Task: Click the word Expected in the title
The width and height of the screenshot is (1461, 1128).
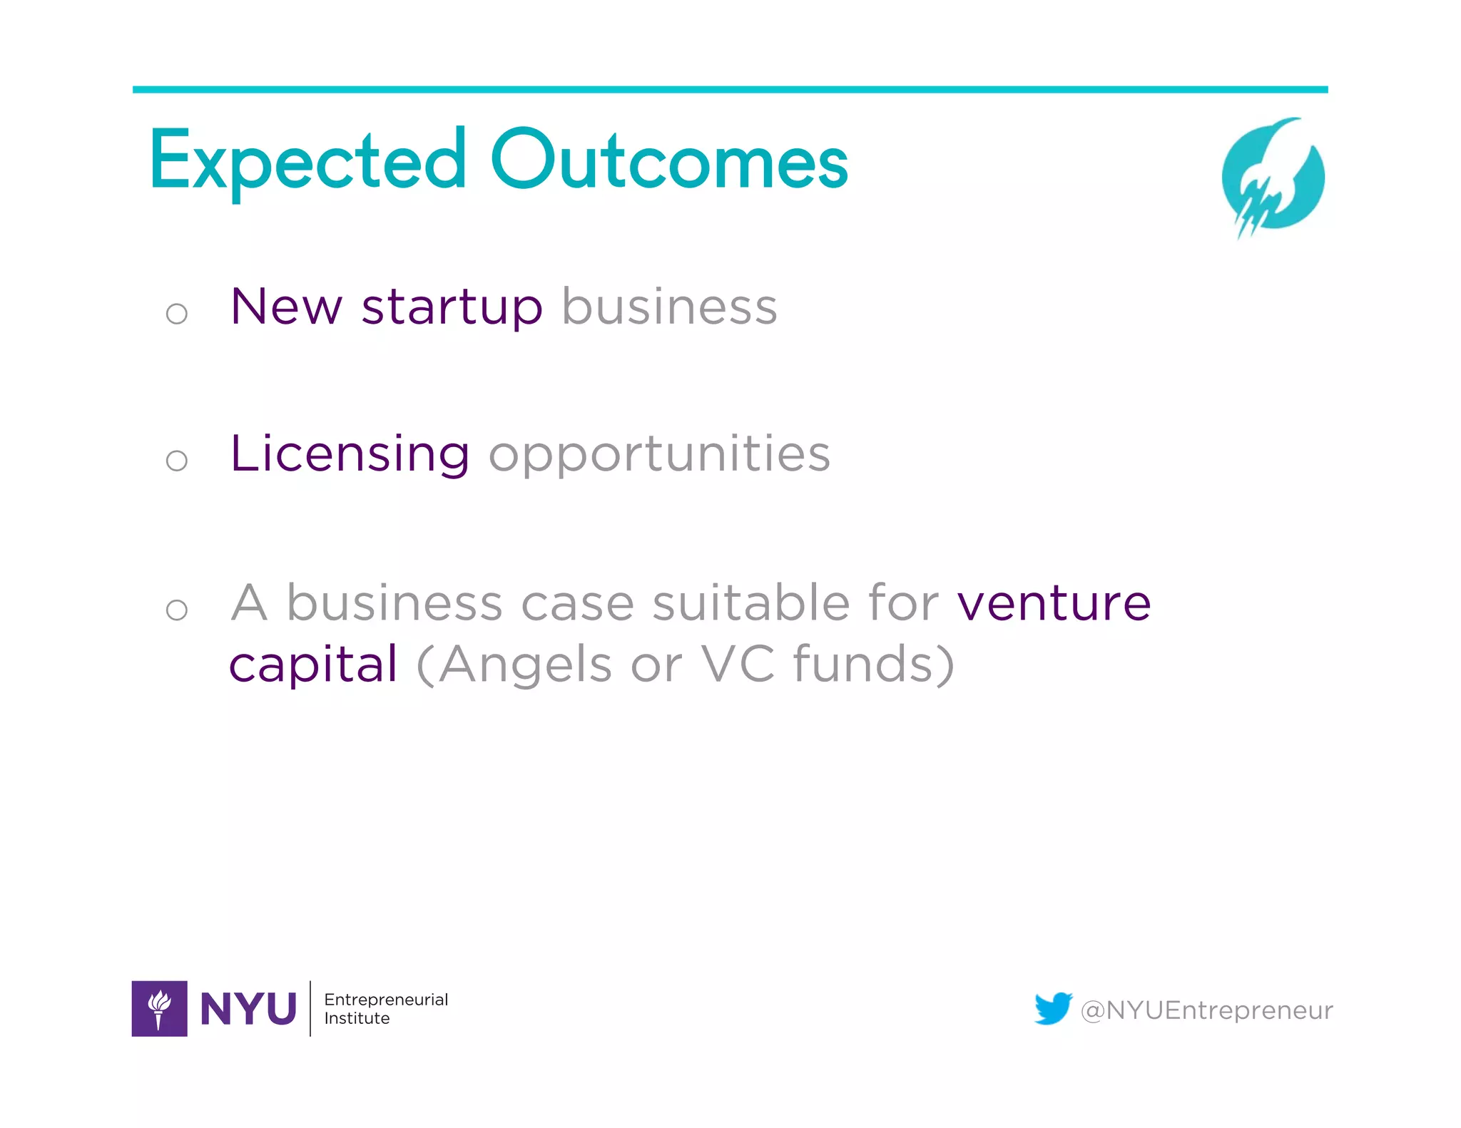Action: point(307,163)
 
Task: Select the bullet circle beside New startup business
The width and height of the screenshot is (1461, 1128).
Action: point(176,313)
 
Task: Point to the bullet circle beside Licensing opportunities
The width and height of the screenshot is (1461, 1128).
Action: point(176,460)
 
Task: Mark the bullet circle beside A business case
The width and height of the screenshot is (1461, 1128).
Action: point(176,609)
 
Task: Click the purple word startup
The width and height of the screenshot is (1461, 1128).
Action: point(452,308)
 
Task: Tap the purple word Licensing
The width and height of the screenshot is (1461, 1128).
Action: point(350,454)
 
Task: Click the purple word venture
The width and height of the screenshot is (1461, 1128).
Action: point(1054,603)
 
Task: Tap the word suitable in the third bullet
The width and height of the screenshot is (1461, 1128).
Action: point(750,603)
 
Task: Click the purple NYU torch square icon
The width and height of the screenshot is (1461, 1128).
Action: point(160,1008)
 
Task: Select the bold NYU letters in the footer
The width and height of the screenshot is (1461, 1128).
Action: point(248,1009)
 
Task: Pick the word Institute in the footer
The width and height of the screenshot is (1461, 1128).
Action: point(357,1018)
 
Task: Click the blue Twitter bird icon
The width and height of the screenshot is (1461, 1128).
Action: point(1053,1008)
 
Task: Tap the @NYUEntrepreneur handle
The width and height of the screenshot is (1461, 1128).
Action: point(1206,1010)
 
